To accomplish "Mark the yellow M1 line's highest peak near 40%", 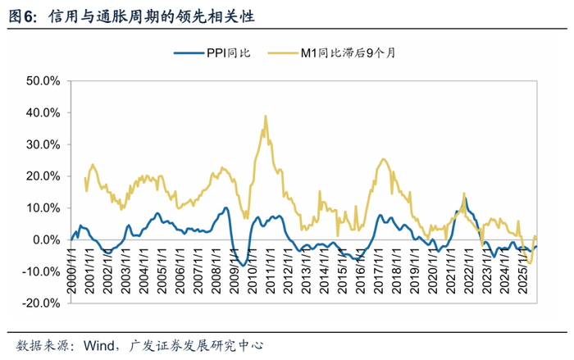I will pos(265,116).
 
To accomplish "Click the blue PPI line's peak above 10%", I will pos(465,198).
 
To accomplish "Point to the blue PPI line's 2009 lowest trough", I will pos(244,265).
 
